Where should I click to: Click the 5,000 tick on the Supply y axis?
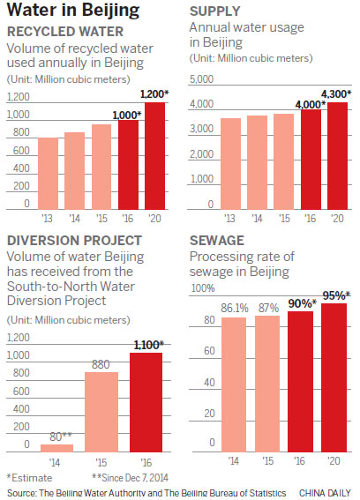[200, 80]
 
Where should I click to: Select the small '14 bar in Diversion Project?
[56, 448]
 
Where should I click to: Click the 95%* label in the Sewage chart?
[334, 295]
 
